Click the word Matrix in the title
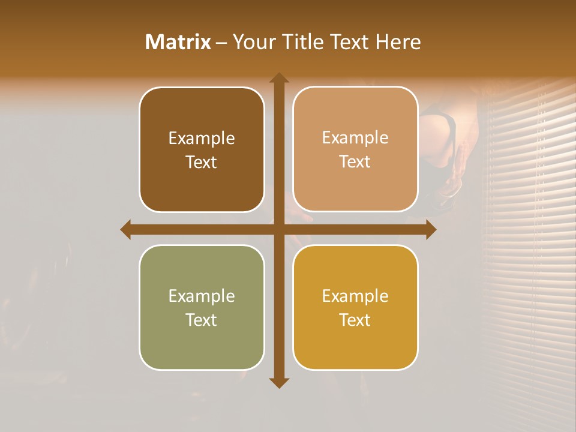coord(178,42)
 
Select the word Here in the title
coord(398,42)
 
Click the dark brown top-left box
coord(202,150)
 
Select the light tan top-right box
coord(355,149)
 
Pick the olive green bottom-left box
coord(202,307)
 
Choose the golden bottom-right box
coord(355,307)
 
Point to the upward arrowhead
coord(278,77)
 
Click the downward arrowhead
coord(278,383)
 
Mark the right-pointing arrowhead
coord(431,230)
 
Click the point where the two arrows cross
coord(278,230)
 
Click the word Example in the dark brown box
coord(202,139)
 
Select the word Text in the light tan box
coord(355,162)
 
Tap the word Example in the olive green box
coord(202,296)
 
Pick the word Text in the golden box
coord(355,320)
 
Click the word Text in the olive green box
coord(202,320)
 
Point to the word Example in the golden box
coord(355,296)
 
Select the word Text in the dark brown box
coord(202,163)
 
